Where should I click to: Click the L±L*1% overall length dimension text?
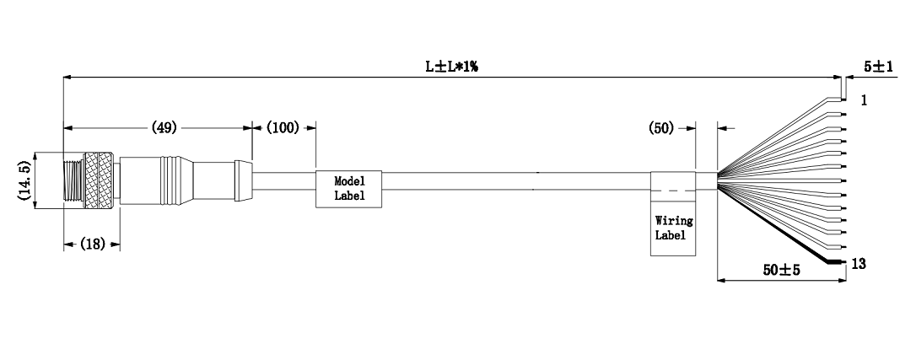pos(451,66)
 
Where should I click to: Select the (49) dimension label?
pos(164,127)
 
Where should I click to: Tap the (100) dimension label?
pos(283,127)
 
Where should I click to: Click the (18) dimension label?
pos(92,244)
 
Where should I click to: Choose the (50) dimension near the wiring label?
pos(661,128)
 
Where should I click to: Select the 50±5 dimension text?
pos(782,270)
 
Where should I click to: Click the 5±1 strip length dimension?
pos(879,67)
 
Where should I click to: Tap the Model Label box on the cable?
pos(348,189)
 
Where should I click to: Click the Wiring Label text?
pos(674,228)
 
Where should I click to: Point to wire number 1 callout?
pos(864,100)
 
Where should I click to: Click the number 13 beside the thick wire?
pos(859,264)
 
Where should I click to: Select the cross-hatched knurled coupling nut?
pos(99,180)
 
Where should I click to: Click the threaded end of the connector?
pos(73,180)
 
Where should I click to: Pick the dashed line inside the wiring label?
pos(674,191)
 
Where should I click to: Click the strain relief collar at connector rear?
pos(244,180)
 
